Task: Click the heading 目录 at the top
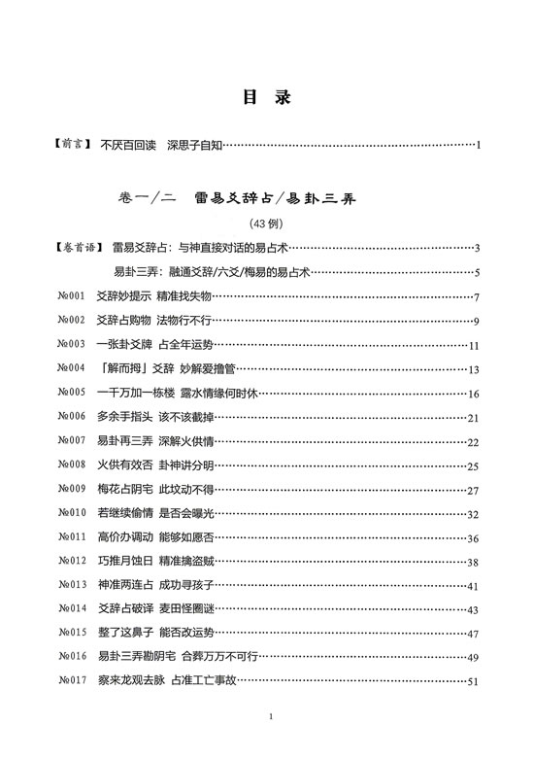(266, 97)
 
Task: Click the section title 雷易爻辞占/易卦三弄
(277, 198)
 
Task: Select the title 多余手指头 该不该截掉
(155, 418)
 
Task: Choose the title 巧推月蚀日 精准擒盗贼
(155, 562)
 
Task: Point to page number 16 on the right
(474, 394)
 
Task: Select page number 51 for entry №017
(474, 682)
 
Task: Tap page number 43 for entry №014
(474, 610)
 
